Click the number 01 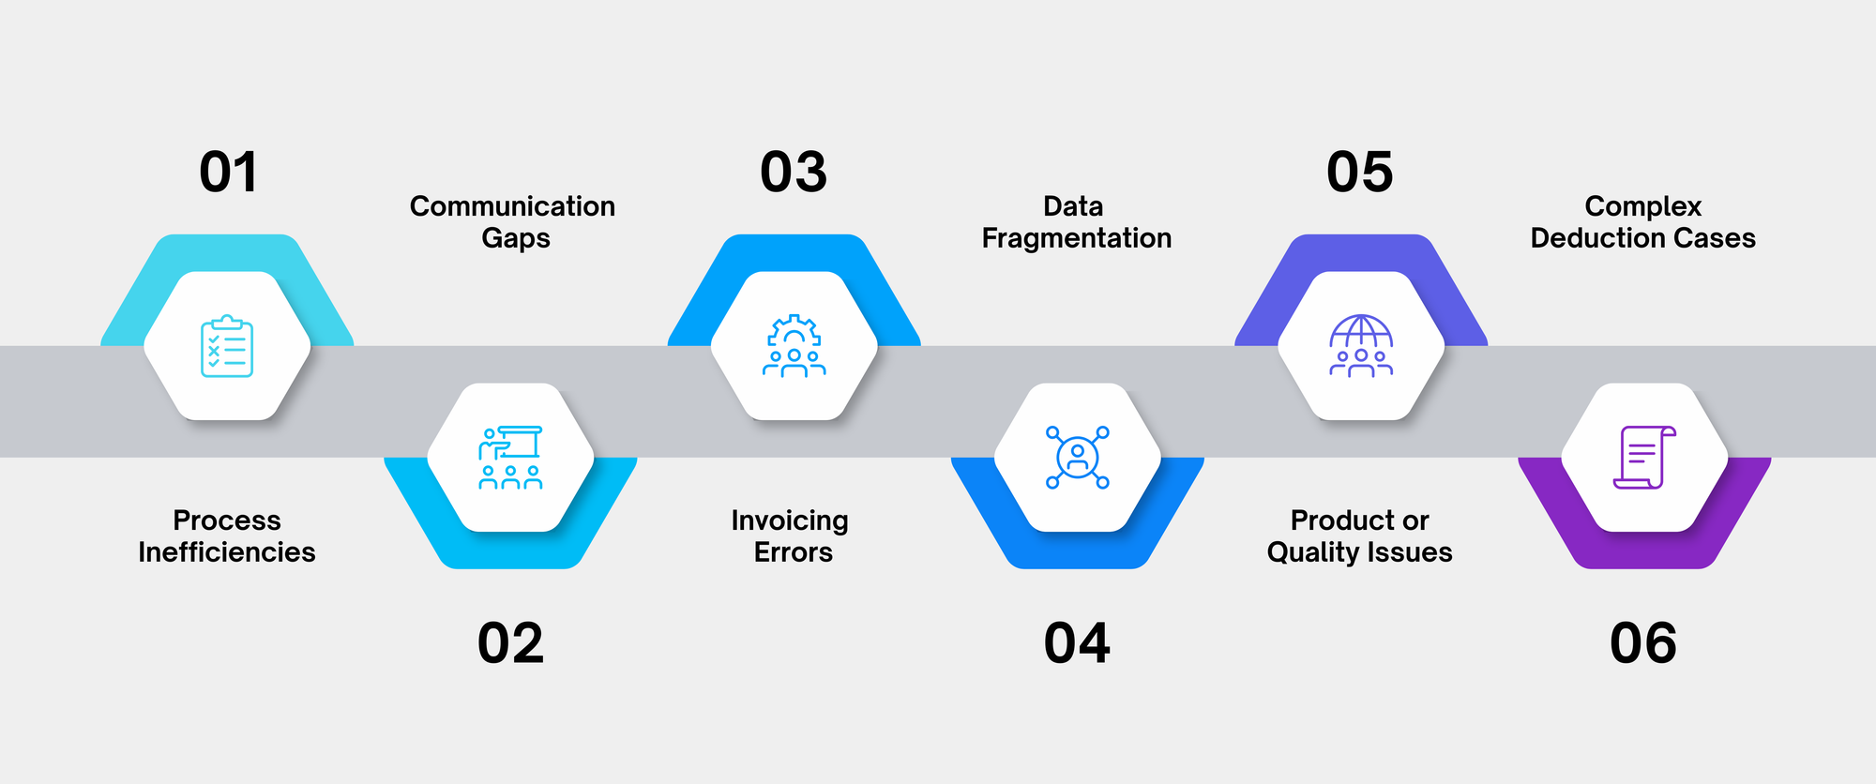pos(228,173)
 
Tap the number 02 pos(510,643)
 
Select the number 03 pos(794,173)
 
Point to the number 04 pos(1077,643)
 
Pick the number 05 pos(1360,173)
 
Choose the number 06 pos(1643,643)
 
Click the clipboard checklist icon pos(227,346)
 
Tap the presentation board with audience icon pos(510,458)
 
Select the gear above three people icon pos(794,346)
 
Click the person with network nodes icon pos(1078,458)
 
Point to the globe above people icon pos(1361,346)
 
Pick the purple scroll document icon pos(1644,458)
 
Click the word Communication pos(512,206)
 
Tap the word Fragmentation pos(1077,238)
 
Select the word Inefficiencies pos(227,552)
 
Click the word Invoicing pos(790,520)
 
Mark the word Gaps pos(516,238)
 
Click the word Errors pos(794,552)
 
